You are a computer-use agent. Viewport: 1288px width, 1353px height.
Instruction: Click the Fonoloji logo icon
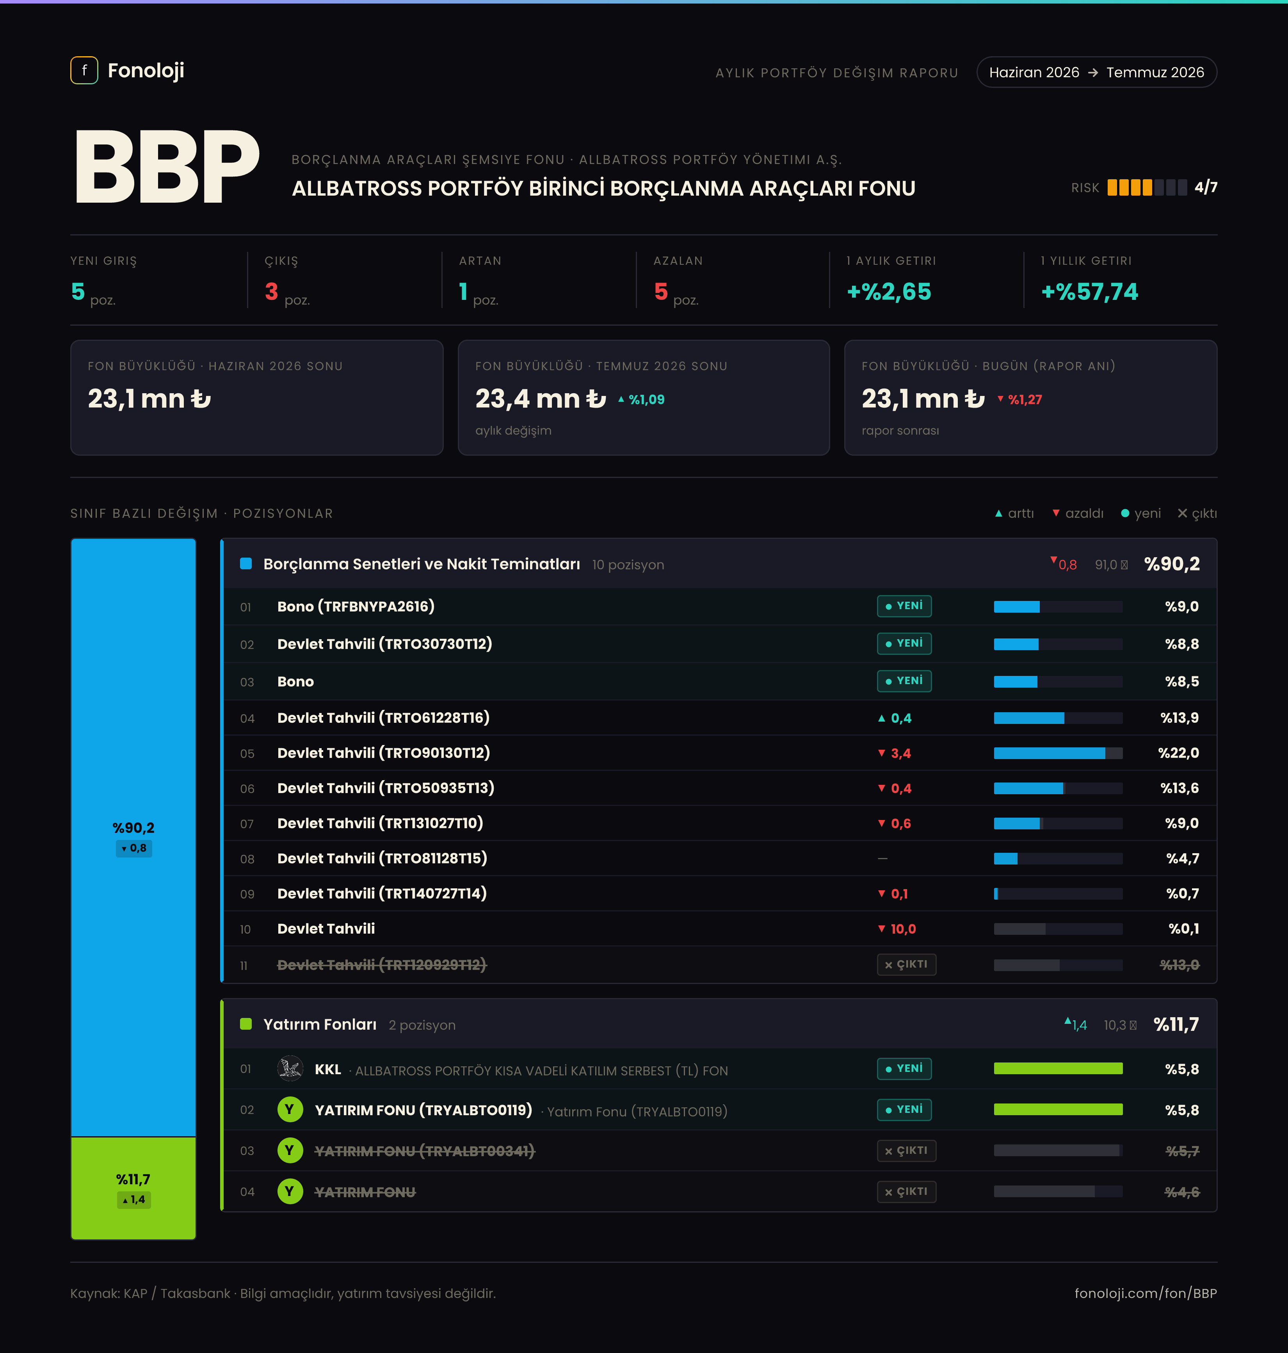coord(84,70)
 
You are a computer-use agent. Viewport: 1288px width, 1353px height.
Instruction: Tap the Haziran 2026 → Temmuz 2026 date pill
coord(1096,72)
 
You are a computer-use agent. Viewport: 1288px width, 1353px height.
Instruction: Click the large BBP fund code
coord(167,167)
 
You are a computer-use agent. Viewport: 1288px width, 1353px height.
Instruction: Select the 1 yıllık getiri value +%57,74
coord(1090,292)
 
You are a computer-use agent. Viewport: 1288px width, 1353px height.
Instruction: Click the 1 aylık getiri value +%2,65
coord(889,292)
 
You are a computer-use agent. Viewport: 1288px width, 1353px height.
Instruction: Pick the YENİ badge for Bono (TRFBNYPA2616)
coord(904,606)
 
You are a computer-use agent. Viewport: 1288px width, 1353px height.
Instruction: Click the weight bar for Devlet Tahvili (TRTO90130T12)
coord(1058,753)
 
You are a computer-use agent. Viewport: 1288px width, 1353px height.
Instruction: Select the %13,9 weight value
coord(1179,718)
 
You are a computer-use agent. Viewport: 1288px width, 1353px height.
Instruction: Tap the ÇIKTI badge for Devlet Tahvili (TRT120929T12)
coord(906,964)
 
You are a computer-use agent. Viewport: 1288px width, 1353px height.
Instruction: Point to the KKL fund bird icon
coord(290,1069)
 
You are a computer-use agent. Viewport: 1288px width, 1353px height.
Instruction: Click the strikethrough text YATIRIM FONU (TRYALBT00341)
coord(424,1151)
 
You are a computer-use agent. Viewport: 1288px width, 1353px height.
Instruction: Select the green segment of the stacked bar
coord(133,1188)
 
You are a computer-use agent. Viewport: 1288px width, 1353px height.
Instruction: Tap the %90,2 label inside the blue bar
coord(133,827)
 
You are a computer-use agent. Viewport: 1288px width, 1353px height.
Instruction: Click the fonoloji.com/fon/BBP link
coord(1145,1293)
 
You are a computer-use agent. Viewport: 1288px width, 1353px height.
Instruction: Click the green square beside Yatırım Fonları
coord(246,1024)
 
